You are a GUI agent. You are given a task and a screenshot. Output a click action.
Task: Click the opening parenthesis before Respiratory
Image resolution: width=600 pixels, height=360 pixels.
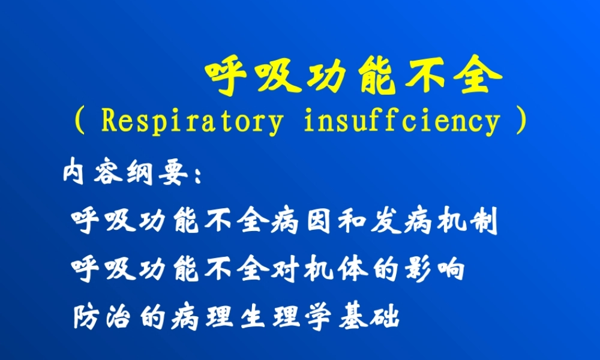point(78,121)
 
